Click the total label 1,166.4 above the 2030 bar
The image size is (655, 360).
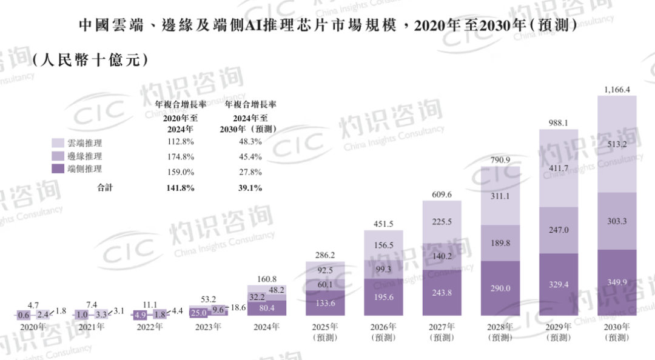[617, 90]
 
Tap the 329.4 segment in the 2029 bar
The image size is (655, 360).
[559, 283]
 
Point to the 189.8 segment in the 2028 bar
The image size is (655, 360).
[500, 243]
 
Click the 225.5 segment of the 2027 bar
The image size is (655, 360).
[442, 222]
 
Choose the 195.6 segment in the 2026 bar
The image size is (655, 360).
[383, 296]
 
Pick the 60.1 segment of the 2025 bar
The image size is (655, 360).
[325, 284]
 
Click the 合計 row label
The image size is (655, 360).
[105, 188]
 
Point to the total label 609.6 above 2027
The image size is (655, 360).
[442, 195]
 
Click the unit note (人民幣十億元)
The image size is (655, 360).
[89, 60]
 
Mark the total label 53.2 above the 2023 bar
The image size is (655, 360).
[208, 298]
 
